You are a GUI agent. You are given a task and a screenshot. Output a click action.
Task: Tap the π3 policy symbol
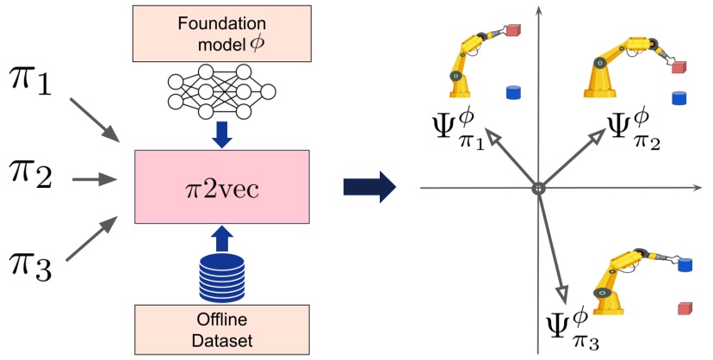(32, 261)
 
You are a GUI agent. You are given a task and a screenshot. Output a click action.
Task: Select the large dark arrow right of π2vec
(369, 186)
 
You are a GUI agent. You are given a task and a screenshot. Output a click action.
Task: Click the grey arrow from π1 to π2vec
(94, 119)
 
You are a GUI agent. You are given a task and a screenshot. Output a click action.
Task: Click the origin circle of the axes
(537, 187)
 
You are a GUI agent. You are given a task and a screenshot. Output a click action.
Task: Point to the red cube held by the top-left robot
(513, 31)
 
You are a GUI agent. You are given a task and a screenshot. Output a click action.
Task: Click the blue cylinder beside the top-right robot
(679, 96)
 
